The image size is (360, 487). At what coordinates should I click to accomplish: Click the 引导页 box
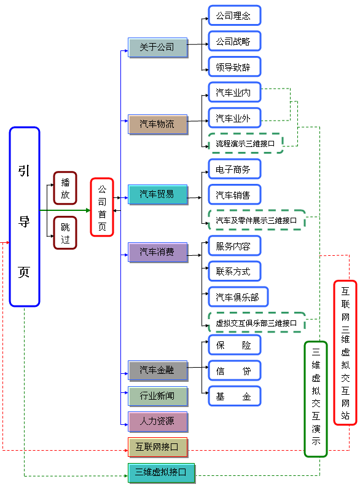pyautogui.click(x=25, y=216)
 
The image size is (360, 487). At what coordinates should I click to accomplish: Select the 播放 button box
pyautogui.click(x=65, y=188)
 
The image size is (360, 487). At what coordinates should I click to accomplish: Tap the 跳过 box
pyautogui.click(x=65, y=232)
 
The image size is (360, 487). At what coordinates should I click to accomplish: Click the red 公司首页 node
pyautogui.click(x=102, y=207)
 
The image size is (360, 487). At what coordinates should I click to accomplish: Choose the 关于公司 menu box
pyautogui.click(x=158, y=47)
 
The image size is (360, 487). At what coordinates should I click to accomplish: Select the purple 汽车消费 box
pyautogui.click(x=158, y=252)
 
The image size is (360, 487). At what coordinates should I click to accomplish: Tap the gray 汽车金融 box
pyautogui.click(x=158, y=370)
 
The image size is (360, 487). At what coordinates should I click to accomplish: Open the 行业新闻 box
pyautogui.click(x=158, y=396)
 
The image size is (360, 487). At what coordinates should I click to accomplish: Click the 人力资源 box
pyautogui.click(x=158, y=422)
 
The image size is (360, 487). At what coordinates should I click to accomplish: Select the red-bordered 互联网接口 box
pyautogui.click(x=158, y=447)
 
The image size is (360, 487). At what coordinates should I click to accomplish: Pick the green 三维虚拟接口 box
pyautogui.click(x=161, y=472)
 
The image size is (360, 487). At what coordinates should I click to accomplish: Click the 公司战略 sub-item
pyautogui.click(x=234, y=41)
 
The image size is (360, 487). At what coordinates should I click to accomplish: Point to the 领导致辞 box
pyautogui.click(x=234, y=66)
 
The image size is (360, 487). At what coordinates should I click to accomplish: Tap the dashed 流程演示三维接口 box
pyautogui.click(x=245, y=143)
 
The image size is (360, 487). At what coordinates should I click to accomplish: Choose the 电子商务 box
pyautogui.click(x=234, y=169)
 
